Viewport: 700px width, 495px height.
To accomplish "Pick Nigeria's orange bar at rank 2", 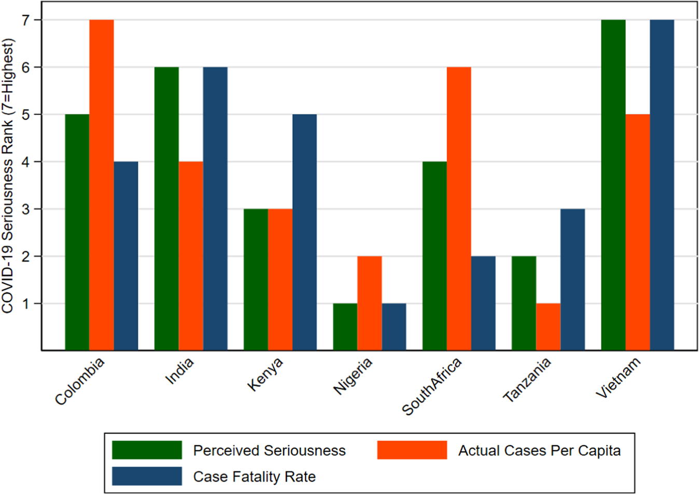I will point(370,303).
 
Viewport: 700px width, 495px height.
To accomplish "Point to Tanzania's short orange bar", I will point(548,327).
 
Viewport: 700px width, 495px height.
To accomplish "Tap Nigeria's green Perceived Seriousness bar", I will point(345,327).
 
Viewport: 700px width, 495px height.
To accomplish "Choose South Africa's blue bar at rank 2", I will point(483,303).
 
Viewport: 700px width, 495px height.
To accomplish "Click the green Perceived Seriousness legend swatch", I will point(147,450).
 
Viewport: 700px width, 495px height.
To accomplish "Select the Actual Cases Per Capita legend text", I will point(539,450).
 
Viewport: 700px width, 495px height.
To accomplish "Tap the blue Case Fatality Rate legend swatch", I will point(147,476).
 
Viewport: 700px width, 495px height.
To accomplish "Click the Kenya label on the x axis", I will point(265,374).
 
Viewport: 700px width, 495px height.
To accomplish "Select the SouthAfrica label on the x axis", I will point(432,386).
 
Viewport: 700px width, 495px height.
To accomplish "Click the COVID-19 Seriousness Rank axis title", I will point(8,176).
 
